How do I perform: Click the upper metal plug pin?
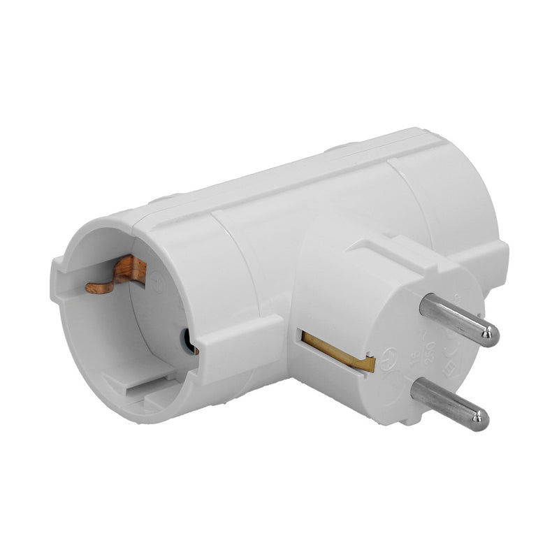[x=458, y=319]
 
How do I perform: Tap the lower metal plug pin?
[x=447, y=403]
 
